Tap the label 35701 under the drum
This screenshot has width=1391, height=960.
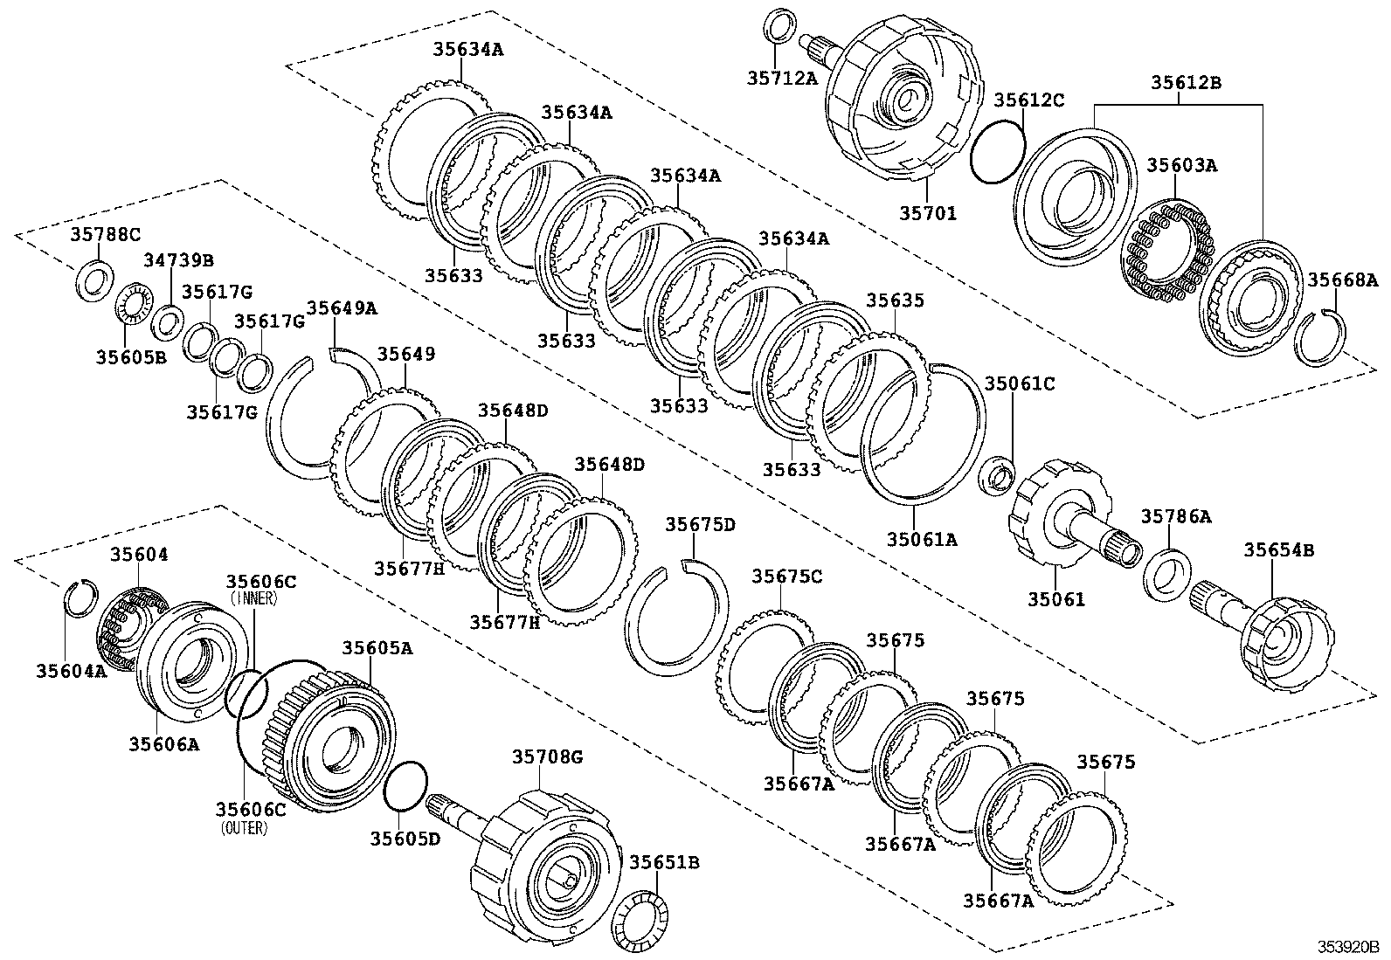[x=928, y=212]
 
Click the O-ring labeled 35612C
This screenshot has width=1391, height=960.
[x=997, y=152]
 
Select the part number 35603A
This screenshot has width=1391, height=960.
[x=1180, y=165]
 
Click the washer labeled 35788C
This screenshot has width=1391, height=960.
[x=94, y=280]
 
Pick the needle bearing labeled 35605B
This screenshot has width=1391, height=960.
[x=131, y=305]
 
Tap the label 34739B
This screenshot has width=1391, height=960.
[x=178, y=260]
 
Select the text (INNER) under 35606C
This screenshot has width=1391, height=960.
[x=254, y=599]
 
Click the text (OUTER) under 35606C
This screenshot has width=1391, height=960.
[x=245, y=827]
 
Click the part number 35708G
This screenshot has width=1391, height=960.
[x=547, y=757]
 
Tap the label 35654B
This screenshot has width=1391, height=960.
[x=1279, y=550]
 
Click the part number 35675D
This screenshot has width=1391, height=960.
[x=700, y=524]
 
